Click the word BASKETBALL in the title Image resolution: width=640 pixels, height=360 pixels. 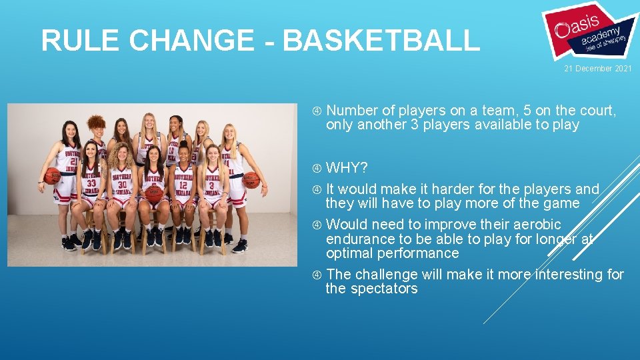(x=381, y=41)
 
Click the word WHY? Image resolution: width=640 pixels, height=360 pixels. (x=347, y=167)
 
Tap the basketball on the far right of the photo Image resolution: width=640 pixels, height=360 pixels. (x=251, y=180)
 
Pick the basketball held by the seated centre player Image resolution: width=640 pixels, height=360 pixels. (x=155, y=193)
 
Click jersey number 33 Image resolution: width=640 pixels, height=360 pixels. (x=91, y=183)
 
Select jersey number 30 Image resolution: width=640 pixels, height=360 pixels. (x=122, y=184)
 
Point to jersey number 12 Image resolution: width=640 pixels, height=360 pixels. (x=183, y=184)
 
